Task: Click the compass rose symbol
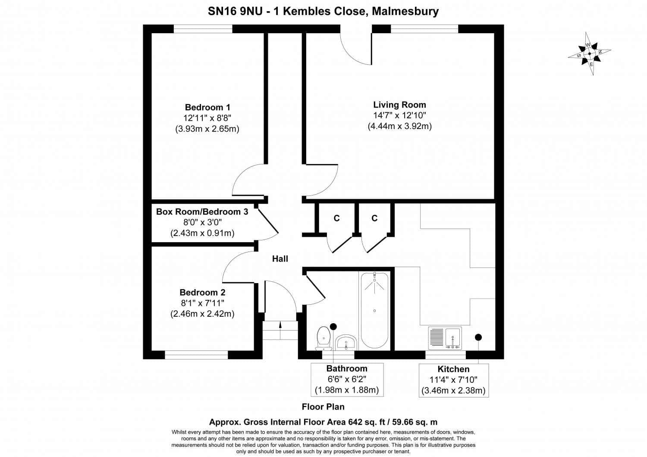coord(589,54)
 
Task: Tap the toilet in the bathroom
coord(323,338)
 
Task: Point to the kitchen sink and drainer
coord(445,338)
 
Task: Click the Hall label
coord(280,259)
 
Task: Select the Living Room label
coord(399,105)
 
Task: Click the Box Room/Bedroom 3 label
coord(202,212)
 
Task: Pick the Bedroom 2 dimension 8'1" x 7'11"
coord(202,303)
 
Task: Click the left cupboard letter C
coord(336,218)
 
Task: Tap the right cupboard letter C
coord(374,218)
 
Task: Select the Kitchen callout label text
coord(453,369)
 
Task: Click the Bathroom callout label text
coord(347,369)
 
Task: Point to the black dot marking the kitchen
coord(478,337)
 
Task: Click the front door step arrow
coord(280,325)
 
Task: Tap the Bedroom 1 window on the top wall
coord(203,29)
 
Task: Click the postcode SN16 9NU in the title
coord(235,11)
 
